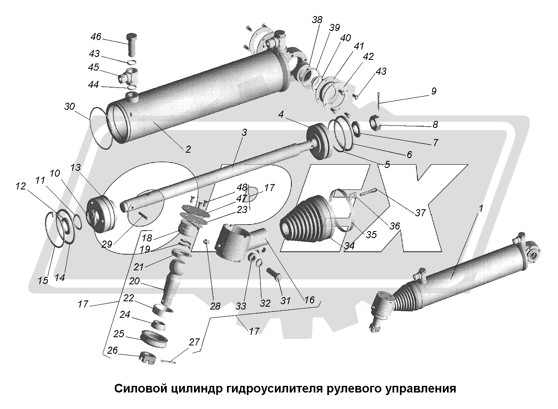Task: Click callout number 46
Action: pos(95,37)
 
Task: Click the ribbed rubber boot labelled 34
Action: pos(305,220)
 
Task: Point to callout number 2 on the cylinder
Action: pos(188,149)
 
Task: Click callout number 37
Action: pos(420,213)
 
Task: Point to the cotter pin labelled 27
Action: pos(168,362)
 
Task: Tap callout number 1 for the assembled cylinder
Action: pos(480,209)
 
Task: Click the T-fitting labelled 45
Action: pos(128,76)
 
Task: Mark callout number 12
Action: pos(21,187)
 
